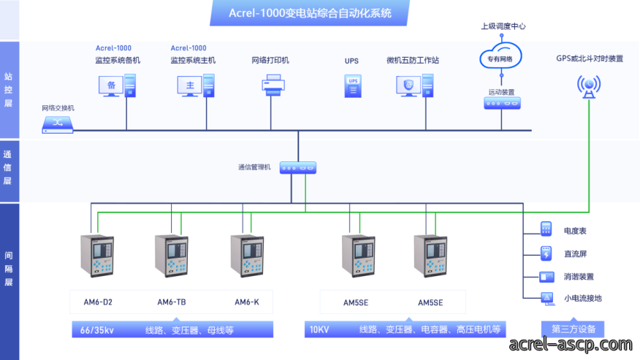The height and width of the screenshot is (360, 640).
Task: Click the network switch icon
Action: coord(58,125)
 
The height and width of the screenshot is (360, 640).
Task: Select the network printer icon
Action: coord(273,85)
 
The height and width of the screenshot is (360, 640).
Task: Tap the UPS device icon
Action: coord(353,86)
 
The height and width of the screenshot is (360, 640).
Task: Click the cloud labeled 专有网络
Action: coord(500,56)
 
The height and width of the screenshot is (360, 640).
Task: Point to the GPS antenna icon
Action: coord(589,86)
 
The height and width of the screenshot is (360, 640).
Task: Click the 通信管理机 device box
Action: coord(298,168)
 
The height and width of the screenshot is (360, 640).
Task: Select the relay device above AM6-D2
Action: coord(97,256)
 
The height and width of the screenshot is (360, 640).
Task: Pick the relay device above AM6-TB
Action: coord(172,256)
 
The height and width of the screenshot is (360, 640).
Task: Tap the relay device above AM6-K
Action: coord(247,256)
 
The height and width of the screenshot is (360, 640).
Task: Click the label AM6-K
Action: coord(246,302)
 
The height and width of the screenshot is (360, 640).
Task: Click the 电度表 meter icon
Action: coord(546,229)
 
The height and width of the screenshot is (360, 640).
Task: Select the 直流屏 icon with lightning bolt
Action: coord(546,253)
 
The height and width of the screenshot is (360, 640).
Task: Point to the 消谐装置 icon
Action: coord(546,277)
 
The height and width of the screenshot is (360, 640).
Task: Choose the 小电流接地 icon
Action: coord(547,299)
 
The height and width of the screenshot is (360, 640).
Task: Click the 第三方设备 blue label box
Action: coord(573,329)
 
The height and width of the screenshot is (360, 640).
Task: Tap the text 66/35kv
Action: coord(96,330)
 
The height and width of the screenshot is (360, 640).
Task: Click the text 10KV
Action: coord(319,330)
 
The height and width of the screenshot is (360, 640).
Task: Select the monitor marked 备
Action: coord(111,86)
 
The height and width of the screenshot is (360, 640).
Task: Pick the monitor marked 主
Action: coord(190,86)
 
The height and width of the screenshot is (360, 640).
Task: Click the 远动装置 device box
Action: coord(502,103)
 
